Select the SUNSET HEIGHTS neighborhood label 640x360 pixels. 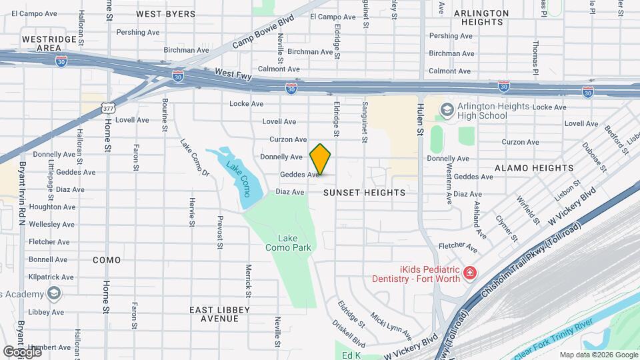point(364,193)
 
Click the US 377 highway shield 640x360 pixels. point(108,107)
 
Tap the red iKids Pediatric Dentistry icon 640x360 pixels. point(470,273)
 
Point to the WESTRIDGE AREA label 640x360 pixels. point(49,43)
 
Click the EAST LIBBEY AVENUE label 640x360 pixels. point(219,314)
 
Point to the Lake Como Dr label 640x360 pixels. point(195,157)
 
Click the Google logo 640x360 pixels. point(22,351)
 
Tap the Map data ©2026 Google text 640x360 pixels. point(597,355)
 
